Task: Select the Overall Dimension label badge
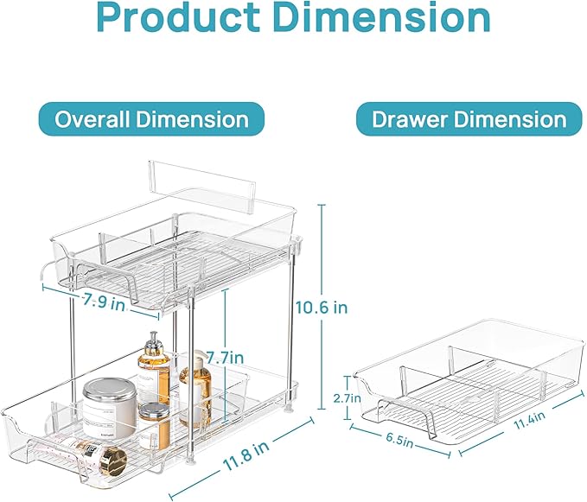[151, 119]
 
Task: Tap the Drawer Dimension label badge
[469, 119]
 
